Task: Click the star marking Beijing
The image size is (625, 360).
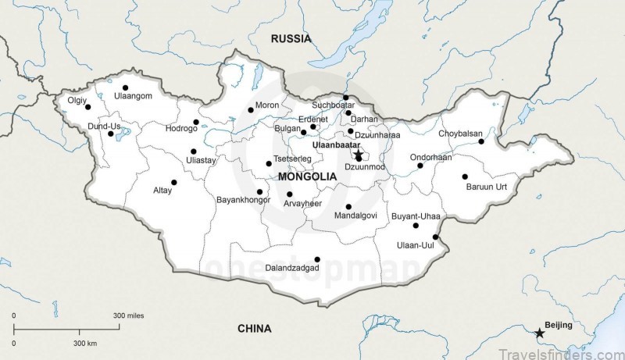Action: point(539,333)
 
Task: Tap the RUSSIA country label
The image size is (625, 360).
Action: point(291,38)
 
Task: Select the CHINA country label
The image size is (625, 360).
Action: point(254,329)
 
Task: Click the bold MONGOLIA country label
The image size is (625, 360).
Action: point(307,177)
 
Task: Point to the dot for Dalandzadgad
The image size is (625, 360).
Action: point(316,259)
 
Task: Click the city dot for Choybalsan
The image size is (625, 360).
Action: point(481,141)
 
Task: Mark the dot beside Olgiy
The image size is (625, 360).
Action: point(87,107)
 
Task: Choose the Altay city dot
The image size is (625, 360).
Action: point(174,183)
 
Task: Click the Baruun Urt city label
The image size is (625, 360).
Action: point(487,187)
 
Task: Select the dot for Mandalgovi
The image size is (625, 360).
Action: point(348,207)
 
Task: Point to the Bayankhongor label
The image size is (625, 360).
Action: point(242,200)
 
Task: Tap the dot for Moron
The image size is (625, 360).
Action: point(251,109)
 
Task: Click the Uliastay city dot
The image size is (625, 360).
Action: point(193,151)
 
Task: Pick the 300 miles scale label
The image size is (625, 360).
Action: point(128,315)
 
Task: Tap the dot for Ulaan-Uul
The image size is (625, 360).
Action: point(435,237)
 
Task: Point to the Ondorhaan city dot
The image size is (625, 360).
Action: point(420,166)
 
